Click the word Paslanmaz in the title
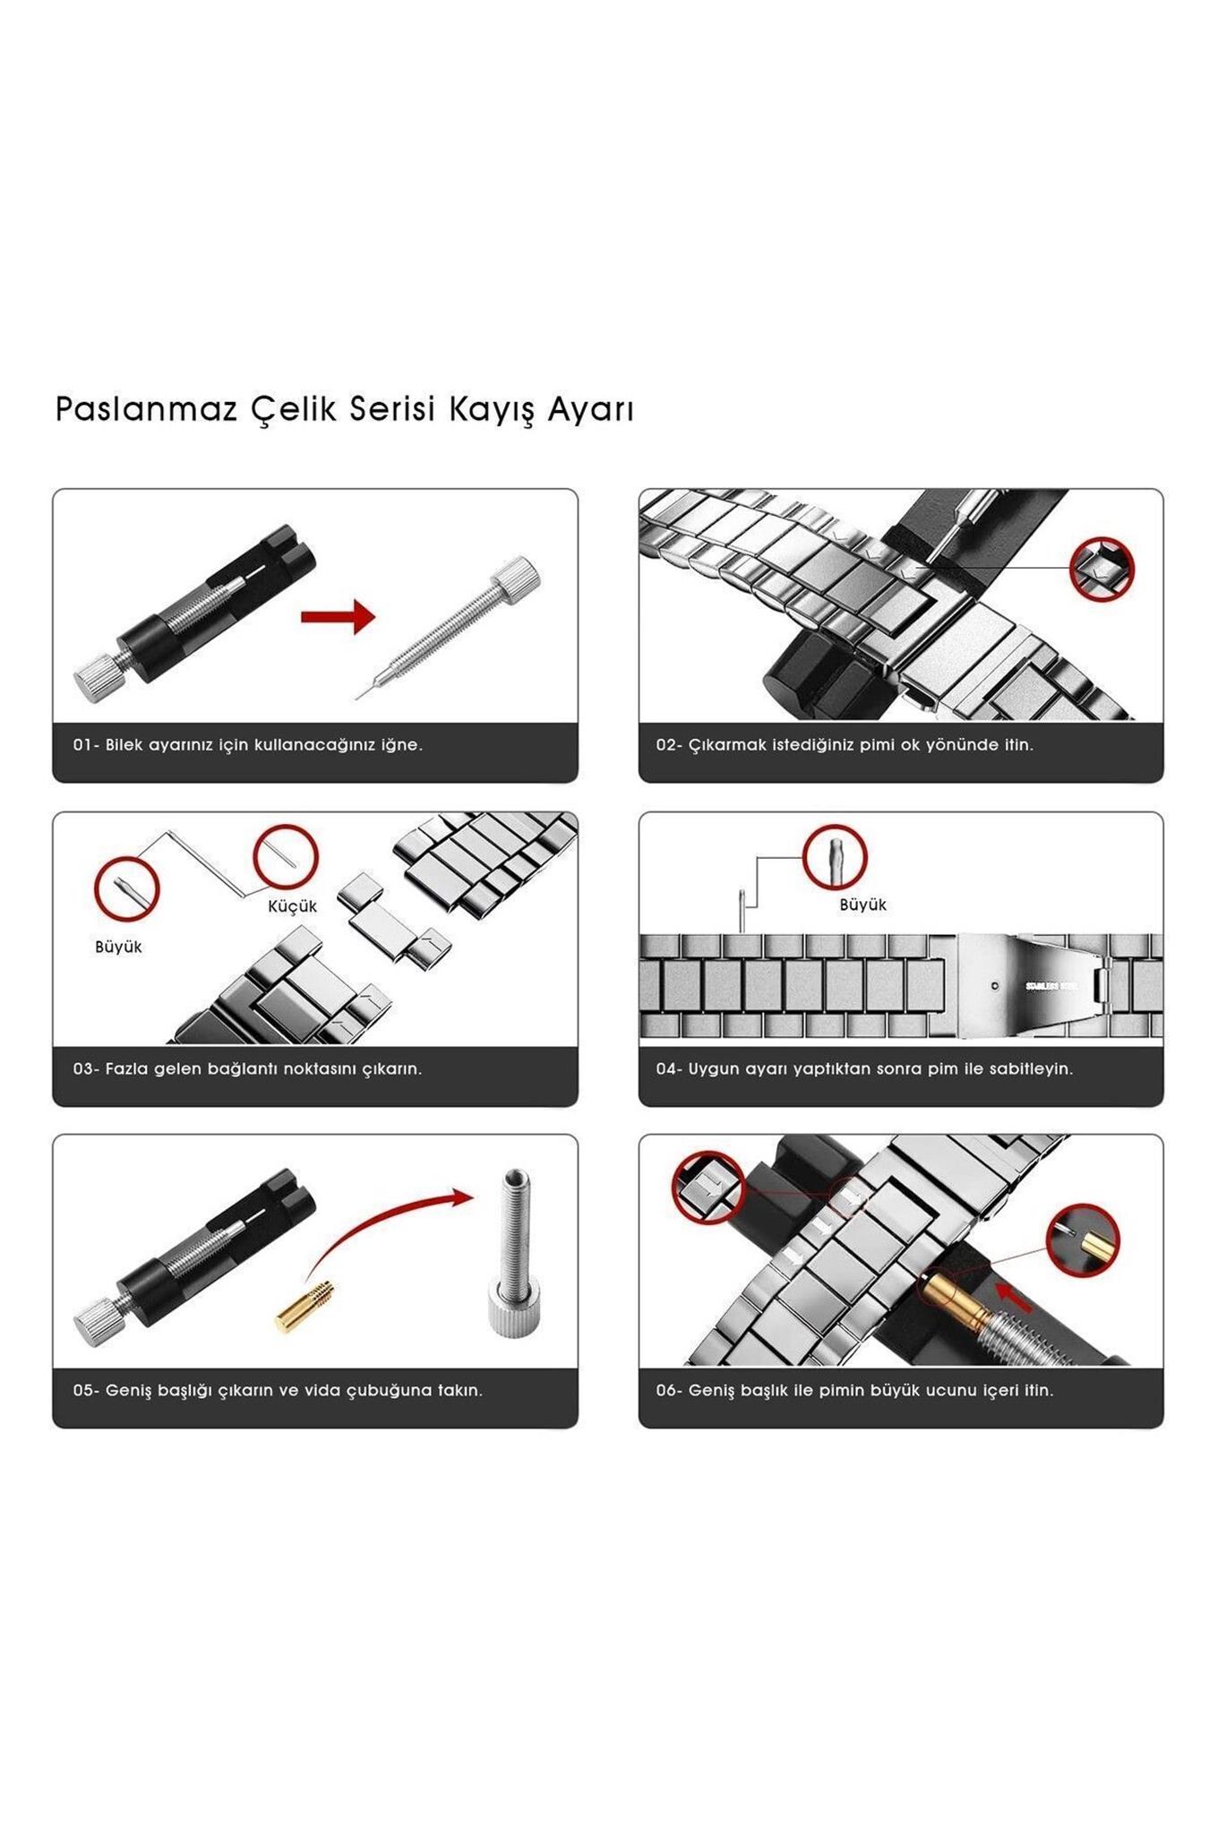tap(147, 409)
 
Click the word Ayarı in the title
tap(590, 411)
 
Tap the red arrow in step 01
tap(338, 616)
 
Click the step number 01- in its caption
tap(86, 744)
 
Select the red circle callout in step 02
tap(1102, 569)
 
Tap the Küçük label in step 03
tap(292, 905)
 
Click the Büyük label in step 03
tap(118, 947)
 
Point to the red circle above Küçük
tap(286, 856)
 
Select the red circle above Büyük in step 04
tap(835, 857)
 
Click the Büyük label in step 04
tap(862, 905)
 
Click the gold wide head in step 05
tap(305, 1307)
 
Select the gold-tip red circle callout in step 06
tap(1083, 1239)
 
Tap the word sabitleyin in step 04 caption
tap(1031, 1068)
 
